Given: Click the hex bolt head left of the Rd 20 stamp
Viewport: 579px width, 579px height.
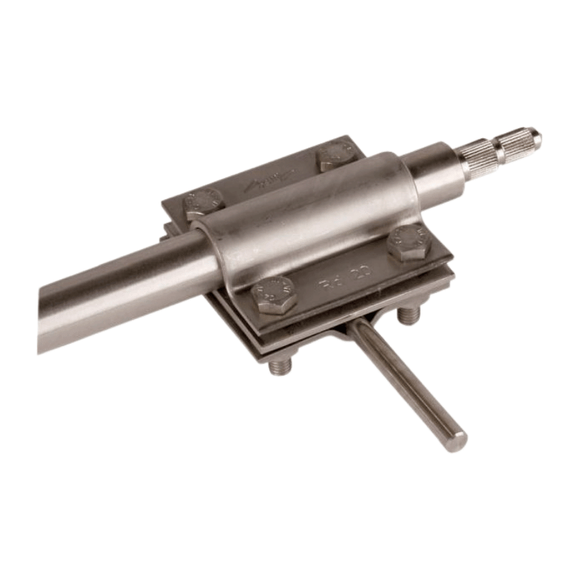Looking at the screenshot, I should point(274,295).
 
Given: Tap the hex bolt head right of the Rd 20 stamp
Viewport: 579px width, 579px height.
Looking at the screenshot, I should point(409,243).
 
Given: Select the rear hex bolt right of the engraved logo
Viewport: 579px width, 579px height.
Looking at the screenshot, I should point(334,156).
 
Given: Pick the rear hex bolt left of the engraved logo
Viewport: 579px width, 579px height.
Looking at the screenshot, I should point(203,203).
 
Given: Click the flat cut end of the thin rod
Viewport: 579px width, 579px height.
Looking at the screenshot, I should point(455,439).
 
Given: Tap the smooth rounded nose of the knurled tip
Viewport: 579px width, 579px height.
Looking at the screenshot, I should point(535,135).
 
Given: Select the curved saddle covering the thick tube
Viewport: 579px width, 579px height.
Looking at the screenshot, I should point(311,217).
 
